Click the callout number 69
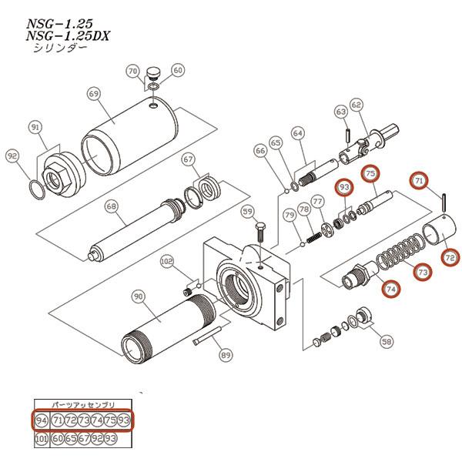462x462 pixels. coord(94,94)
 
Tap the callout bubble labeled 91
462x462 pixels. coord(35,126)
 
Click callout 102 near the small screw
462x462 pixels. coord(167,262)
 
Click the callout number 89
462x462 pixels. coord(226,355)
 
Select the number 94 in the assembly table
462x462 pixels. coord(42,420)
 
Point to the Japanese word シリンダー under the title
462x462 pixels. coord(59,48)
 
